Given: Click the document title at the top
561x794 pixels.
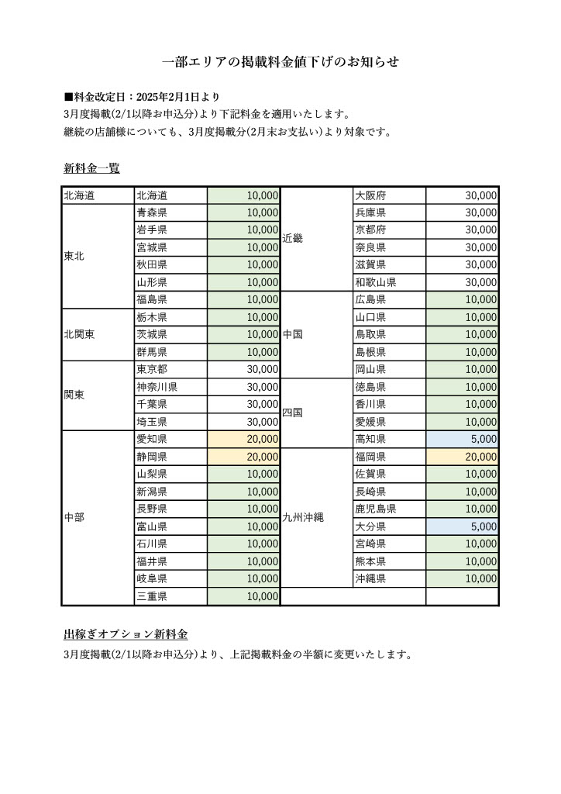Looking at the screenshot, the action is click(280, 62).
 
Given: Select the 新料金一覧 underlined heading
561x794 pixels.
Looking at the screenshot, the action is click(91, 167).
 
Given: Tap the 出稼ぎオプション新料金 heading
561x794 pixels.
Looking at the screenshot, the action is click(126, 634).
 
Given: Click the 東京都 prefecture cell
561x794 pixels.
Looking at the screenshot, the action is click(170, 369).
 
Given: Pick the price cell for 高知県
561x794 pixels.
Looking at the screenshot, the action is click(462, 439).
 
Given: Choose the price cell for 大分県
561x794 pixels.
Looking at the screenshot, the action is click(462, 526).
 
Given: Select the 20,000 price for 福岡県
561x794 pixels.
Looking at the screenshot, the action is click(462, 457).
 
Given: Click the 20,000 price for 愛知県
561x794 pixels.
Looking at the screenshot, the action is click(243, 439).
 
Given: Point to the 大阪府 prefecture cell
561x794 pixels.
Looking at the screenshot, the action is click(388, 195).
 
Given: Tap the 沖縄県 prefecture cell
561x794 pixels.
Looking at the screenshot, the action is click(388, 578).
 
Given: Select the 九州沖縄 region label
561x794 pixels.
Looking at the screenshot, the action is click(302, 518).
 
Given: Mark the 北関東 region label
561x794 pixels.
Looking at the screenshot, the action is click(80, 334).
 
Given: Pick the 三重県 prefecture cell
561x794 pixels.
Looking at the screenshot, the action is click(170, 596).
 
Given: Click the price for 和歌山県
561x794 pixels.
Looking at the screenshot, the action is click(462, 282).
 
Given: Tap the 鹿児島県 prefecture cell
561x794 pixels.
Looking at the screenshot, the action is click(388, 509).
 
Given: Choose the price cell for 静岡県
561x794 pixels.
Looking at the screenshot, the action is click(243, 457).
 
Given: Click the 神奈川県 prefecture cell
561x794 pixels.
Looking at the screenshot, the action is click(170, 386).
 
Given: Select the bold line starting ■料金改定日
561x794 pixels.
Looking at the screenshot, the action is click(142, 97).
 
